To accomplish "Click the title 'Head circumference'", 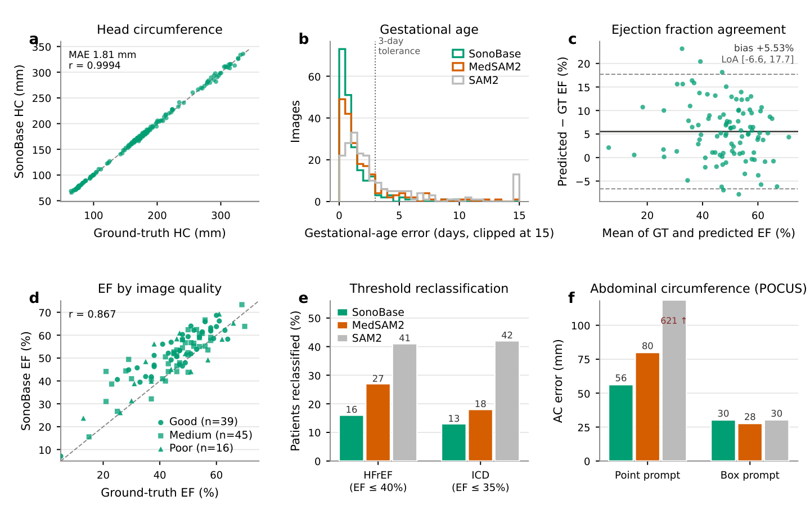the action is (160, 30).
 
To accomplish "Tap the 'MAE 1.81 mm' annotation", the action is (102, 55).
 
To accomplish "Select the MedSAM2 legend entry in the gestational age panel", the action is (487, 66).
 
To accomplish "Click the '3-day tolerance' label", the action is (399, 46).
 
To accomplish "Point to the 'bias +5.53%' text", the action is (764, 48).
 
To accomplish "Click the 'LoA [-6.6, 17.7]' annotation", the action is (758, 59).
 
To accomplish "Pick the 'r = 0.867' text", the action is (92, 314).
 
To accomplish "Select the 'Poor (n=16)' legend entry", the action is (196, 448).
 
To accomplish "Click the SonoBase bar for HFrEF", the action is (352, 438).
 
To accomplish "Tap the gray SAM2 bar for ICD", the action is (507, 401).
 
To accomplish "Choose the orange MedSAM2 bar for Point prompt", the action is (647, 407).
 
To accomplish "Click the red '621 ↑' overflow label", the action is (673, 321).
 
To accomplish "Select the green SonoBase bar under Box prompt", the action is (723, 440).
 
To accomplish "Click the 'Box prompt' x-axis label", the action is (750, 475).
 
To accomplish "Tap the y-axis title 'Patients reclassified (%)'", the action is (295, 381).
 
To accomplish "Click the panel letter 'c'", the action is (573, 39).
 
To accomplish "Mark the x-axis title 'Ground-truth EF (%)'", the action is (160, 493).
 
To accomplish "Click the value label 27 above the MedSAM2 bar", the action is (378, 378).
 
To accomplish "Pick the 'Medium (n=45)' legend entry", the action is (205, 435).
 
